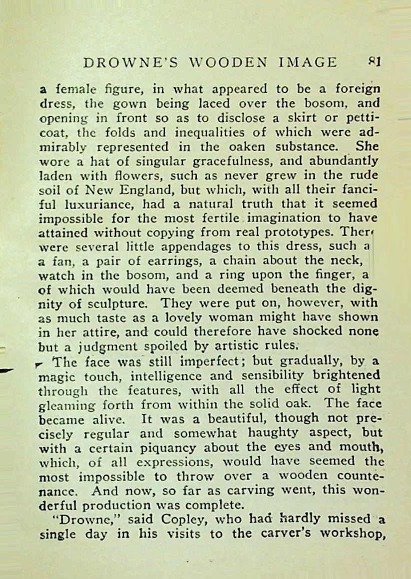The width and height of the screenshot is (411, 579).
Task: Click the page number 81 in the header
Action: click(x=375, y=62)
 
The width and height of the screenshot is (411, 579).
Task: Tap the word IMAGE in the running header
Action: click(x=309, y=62)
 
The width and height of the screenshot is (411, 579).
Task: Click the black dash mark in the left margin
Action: click(x=7, y=370)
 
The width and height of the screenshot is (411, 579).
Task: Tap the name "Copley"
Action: click(x=170, y=520)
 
